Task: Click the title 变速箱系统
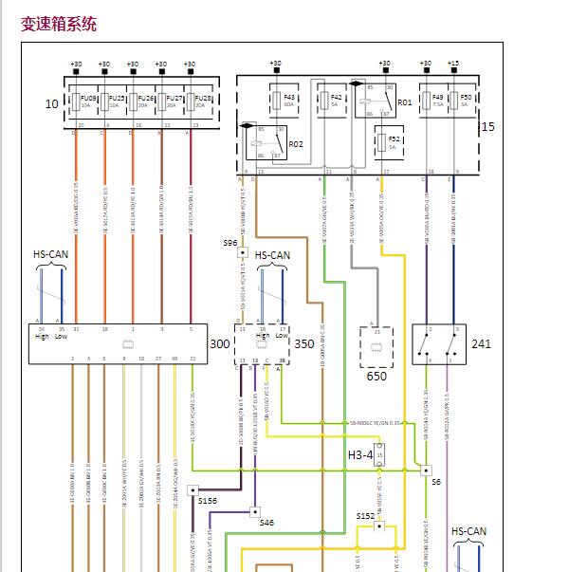[59, 24]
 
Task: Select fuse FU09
[86, 101]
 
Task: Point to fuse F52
[393, 142]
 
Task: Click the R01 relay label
[405, 101]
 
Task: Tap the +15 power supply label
[453, 63]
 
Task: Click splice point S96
[229, 243]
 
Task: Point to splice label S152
[366, 516]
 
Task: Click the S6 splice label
[436, 482]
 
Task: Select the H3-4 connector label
[360, 455]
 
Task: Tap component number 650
[376, 376]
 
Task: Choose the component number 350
[304, 343]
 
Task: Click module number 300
[219, 343]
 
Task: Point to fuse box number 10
[51, 103]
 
